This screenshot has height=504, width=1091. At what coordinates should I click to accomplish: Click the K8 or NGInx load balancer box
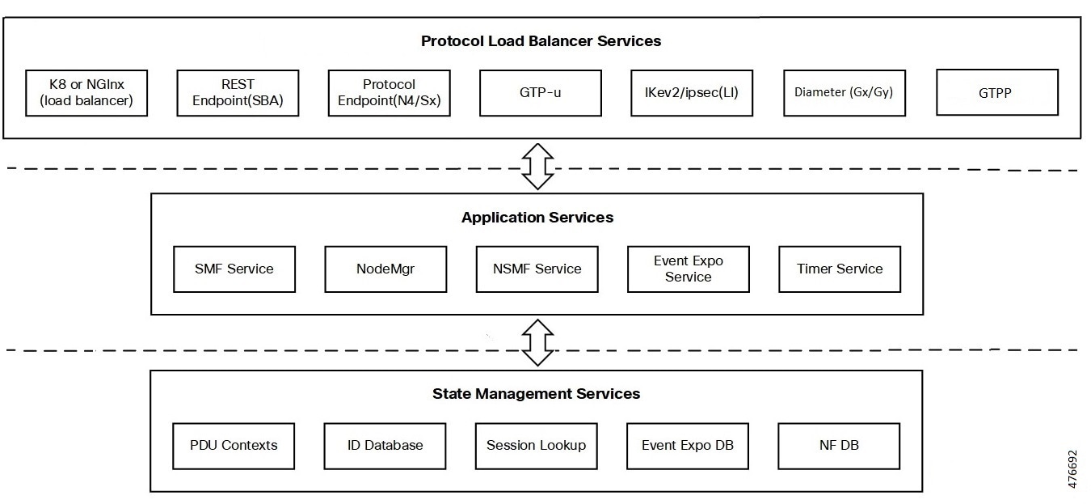tap(86, 93)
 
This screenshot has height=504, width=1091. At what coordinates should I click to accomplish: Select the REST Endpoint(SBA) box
tap(238, 93)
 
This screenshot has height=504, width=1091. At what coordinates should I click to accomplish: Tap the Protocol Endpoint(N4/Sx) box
tap(390, 93)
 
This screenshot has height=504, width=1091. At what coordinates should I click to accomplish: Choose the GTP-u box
tap(541, 93)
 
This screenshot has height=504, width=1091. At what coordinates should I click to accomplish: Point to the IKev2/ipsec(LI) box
tap(692, 93)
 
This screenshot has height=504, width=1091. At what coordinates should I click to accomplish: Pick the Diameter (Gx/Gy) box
tap(845, 93)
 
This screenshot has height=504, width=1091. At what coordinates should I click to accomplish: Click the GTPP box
tap(997, 92)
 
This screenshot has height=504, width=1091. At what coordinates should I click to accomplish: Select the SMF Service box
tap(234, 269)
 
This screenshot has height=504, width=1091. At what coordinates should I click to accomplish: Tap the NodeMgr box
tap(385, 269)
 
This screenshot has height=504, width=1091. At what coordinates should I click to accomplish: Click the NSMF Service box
tap(537, 269)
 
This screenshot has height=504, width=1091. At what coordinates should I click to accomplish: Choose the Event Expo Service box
tap(689, 269)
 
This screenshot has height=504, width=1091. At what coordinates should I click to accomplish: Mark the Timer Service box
tap(840, 269)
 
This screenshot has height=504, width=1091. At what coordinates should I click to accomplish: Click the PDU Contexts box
tap(234, 446)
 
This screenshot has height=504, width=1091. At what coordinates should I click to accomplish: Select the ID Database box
tap(385, 446)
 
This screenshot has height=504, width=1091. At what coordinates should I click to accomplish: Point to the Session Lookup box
tap(537, 446)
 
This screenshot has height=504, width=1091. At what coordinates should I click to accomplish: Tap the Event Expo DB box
tap(688, 446)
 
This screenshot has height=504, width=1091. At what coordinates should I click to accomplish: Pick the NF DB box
tap(839, 446)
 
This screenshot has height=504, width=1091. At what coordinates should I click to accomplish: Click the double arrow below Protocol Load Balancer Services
tap(537, 166)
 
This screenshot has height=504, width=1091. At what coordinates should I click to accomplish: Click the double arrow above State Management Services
tap(537, 343)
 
